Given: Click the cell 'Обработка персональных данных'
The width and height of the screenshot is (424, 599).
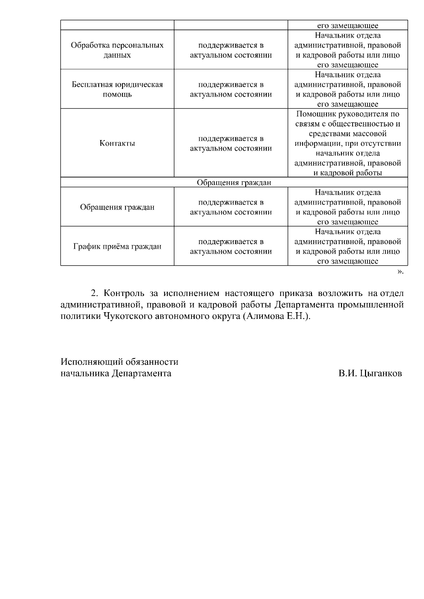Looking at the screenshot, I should [x=117, y=50].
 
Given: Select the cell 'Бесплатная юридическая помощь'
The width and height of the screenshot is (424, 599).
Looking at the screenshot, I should [x=117, y=89].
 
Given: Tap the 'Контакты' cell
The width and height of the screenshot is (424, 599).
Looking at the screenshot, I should [x=117, y=143].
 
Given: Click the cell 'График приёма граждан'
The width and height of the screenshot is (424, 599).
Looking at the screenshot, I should [x=117, y=246].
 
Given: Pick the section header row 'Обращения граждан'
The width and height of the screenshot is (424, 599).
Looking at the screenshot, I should [x=234, y=182].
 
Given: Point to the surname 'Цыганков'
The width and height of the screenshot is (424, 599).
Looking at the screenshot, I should [x=381, y=373].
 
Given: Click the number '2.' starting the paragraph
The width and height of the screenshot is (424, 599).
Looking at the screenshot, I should [x=94, y=294].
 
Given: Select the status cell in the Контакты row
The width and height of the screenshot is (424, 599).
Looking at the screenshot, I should [x=231, y=143].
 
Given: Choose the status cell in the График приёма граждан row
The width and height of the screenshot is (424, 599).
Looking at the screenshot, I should [x=231, y=246].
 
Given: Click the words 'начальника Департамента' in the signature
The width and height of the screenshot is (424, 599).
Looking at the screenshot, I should [x=116, y=373].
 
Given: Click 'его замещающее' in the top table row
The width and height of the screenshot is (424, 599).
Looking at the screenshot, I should [x=348, y=25].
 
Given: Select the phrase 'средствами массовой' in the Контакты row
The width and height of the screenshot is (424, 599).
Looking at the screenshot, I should [x=348, y=134].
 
